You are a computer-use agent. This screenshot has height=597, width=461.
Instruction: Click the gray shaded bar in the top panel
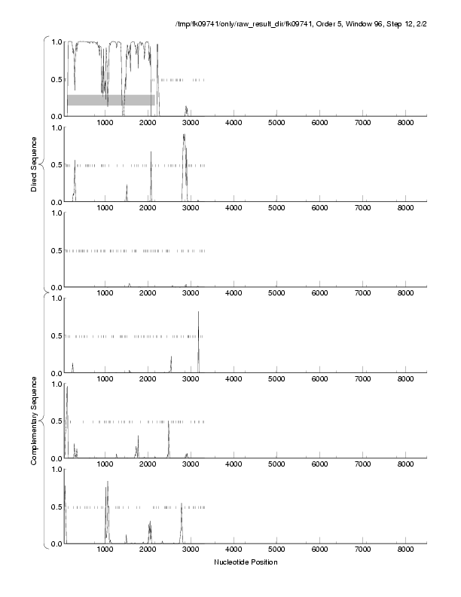(x=111, y=99)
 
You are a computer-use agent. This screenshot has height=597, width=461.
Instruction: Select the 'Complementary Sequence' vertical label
(x=35, y=418)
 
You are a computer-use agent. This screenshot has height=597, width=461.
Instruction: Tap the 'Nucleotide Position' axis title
(x=246, y=562)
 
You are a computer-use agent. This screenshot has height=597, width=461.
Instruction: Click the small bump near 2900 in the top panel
(x=186, y=110)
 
